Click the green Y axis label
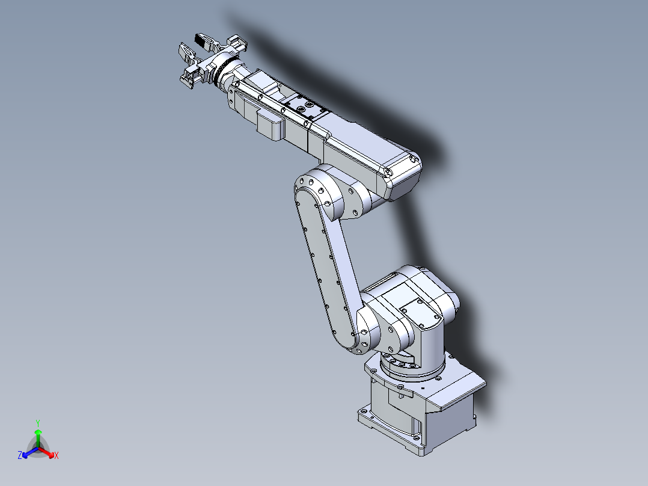(38, 423)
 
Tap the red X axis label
(56, 456)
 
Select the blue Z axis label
(20, 456)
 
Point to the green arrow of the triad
(38, 436)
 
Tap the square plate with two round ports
(307, 109)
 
